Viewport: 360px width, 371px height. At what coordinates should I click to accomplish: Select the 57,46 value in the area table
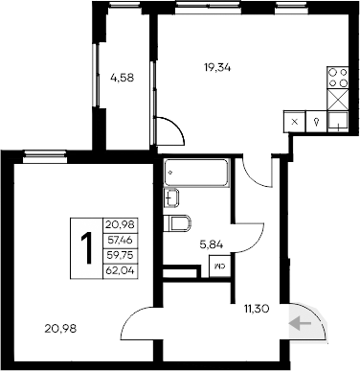click(119, 241)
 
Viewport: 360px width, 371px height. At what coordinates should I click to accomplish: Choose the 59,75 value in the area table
click(119, 255)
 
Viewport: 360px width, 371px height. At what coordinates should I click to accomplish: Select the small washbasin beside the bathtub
click(171, 198)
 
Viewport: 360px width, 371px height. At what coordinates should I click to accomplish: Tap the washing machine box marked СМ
click(220, 268)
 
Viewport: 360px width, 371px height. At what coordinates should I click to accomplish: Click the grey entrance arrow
click(304, 324)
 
